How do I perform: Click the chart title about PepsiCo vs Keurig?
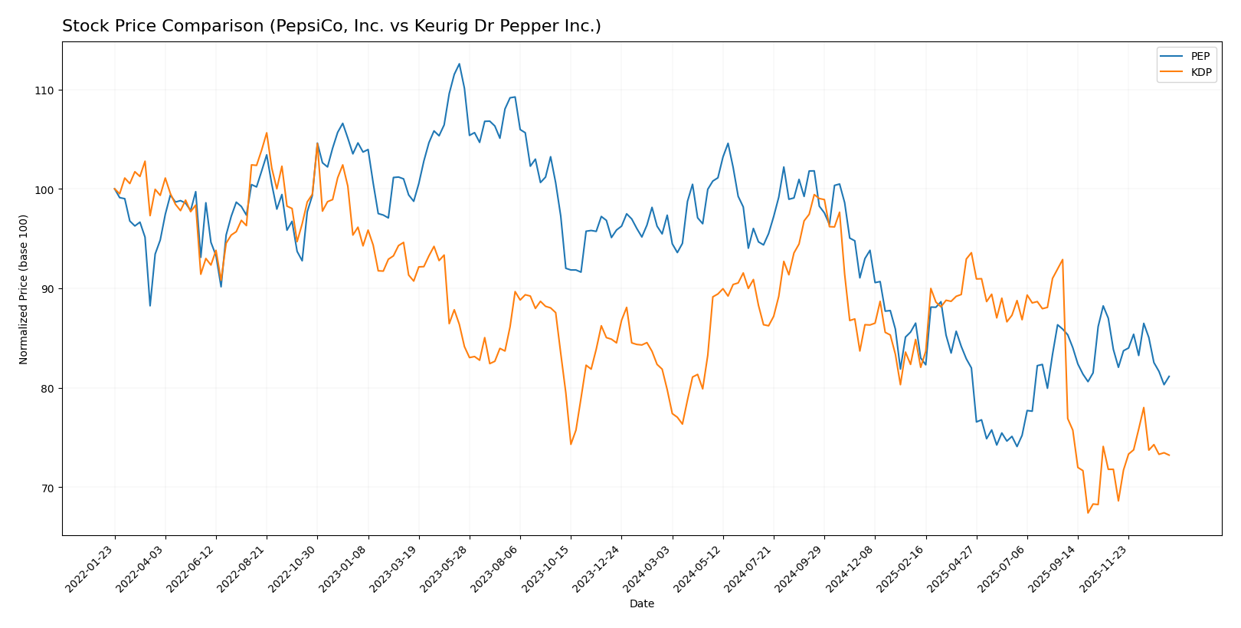pyautogui.click(x=331, y=26)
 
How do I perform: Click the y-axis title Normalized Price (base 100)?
pyautogui.click(x=24, y=289)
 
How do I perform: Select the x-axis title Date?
pyautogui.click(x=641, y=604)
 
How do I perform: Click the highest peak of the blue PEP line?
pyautogui.click(x=459, y=64)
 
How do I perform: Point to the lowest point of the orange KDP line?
pyautogui.click(x=1088, y=512)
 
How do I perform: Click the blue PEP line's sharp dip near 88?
pyautogui.click(x=150, y=306)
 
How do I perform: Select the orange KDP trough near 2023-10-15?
pyautogui.click(x=571, y=444)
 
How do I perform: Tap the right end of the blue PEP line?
pyautogui.click(x=1168, y=376)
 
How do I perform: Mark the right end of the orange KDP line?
pyautogui.click(x=1168, y=455)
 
